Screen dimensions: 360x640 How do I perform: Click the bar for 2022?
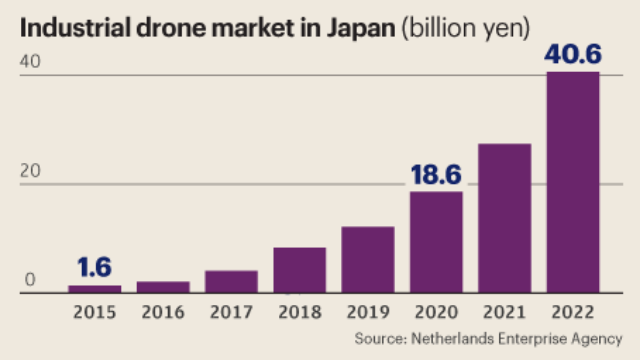click(x=572, y=182)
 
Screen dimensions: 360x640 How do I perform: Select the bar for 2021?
click(x=504, y=218)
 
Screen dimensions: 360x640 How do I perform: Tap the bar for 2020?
click(x=436, y=242)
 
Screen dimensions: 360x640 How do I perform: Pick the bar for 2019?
click(x=367, y=259)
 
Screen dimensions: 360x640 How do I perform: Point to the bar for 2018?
click(x=299, y=270)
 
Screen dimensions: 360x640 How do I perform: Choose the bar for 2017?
click(x=231, y=281)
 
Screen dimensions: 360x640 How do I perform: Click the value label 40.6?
click(x=572, y=54)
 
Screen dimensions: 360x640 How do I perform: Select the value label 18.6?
click(x=435, y=175)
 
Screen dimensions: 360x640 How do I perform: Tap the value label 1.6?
click(x=94, y=268)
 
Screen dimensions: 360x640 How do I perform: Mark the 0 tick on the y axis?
click(x=31, y=281)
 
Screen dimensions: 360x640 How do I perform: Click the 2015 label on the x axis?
click(x=94, y=311)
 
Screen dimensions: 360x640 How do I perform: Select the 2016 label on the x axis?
click(x=162, y=311)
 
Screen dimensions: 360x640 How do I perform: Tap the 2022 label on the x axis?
click(x=572, y=311)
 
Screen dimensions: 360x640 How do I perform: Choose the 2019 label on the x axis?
click(x=367, y=311)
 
